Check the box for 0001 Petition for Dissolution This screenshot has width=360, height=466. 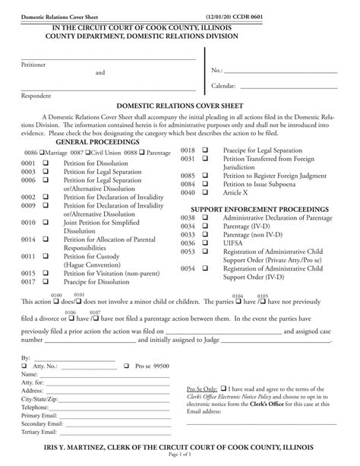tap(46, 163)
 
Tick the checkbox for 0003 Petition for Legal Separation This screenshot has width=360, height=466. tap(46, 172)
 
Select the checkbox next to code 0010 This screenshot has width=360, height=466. tap(46, 223)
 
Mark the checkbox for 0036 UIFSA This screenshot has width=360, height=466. tap(206, 243)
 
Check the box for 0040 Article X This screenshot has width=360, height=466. tap(206, 193)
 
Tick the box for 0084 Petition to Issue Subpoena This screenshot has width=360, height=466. tap(206, 184)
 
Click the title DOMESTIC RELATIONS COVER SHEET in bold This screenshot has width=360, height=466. tap(179, 108)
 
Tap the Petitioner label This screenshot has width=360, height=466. tap(33, 65)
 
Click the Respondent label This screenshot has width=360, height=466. tap(36, 95)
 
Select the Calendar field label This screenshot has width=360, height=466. tap(226, 86)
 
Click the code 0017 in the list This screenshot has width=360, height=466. tap(28, 282)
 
